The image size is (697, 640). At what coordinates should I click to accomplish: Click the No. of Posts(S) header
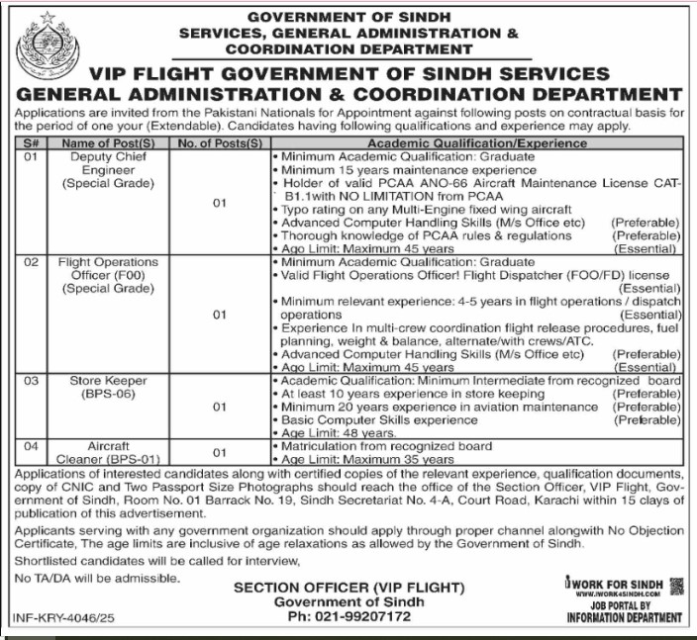219,144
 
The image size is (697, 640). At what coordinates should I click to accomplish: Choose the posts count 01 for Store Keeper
219,407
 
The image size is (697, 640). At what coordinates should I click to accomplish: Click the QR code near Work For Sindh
676,587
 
